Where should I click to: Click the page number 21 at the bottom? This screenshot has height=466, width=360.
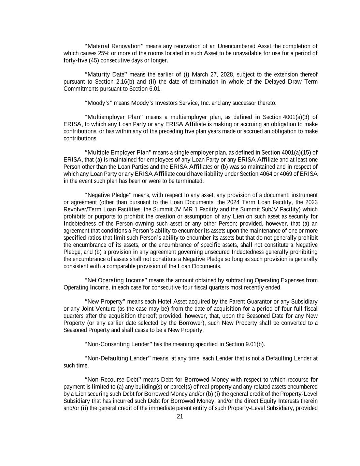click(x=180, y=416)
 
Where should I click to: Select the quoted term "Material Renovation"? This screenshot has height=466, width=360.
click(x=114, y=46)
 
